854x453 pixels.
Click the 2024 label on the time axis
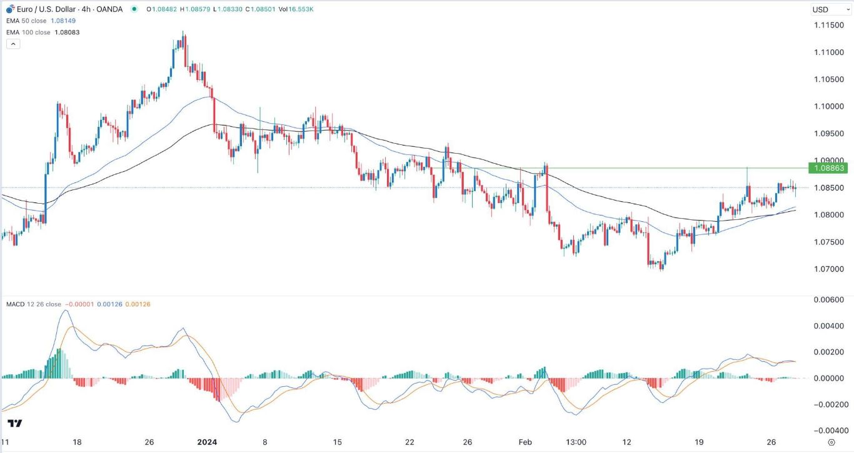coord(207,442)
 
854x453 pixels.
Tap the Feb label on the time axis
coord(525,442)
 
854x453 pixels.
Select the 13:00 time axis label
coord(576,442)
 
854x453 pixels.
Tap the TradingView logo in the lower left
coord(15,424)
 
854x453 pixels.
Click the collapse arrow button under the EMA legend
coord(14,44)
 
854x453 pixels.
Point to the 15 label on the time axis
coord(338,442)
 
